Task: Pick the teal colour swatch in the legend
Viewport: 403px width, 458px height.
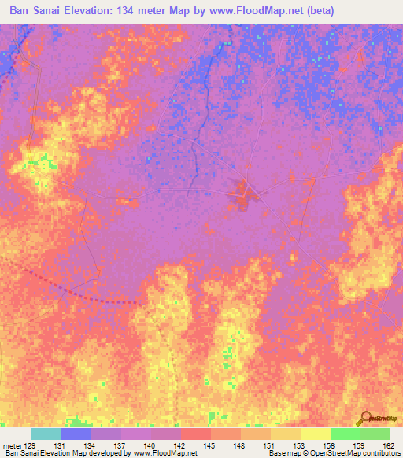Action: point(46,434)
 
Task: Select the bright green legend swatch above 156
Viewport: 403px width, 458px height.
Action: point(345,434)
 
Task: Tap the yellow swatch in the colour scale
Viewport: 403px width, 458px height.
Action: point(315,434)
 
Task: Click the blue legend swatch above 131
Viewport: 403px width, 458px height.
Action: point(76,434)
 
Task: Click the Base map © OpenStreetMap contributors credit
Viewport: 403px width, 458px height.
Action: point(333,454)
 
